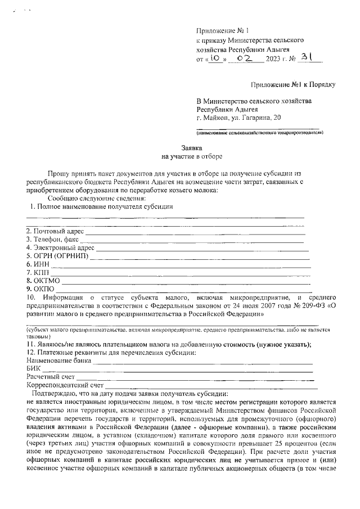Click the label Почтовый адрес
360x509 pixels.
(x=55, y=231)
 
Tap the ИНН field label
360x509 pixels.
(x=38, y=264)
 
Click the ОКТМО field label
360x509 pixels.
(x=43, y=281)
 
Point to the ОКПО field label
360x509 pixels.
(x=40, y=289)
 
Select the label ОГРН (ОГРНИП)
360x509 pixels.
(x=58, y=256)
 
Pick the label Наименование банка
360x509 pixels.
(x=58, y=360)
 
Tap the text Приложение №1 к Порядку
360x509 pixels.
(x=293, y=85)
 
